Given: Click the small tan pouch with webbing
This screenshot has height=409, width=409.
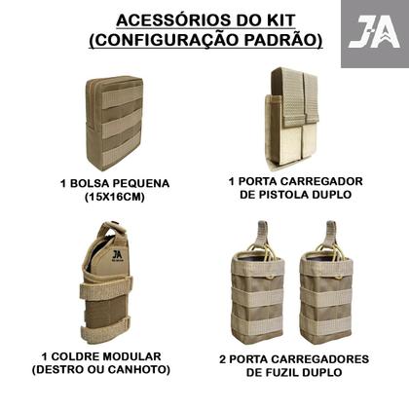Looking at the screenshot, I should pos(114,123).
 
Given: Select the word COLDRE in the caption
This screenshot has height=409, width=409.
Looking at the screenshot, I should pos(83,357).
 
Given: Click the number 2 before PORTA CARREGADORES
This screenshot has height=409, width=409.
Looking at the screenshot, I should pos(223,357).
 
